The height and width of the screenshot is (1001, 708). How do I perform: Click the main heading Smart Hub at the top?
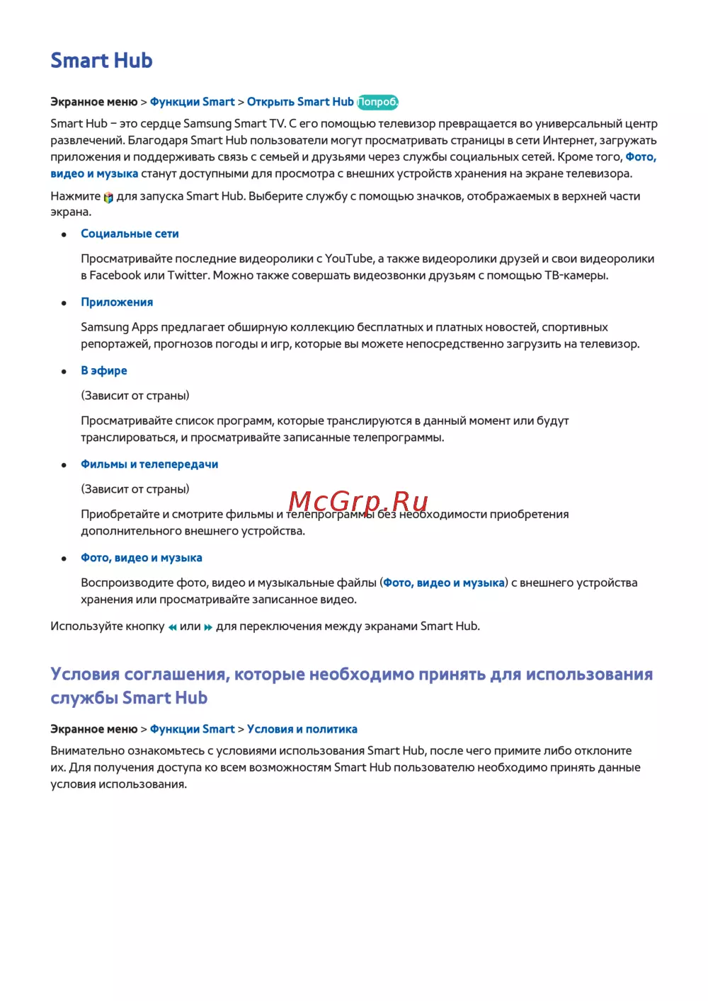coord(101,61)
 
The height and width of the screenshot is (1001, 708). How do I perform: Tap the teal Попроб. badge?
coord(377,102)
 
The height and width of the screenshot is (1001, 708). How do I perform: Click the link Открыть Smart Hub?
coord(299,102)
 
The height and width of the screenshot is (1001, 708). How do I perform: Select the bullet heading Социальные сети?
coord(130,234)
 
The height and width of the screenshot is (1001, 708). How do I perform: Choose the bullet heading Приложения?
coord(117,302)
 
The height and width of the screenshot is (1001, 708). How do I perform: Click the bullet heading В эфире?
coord(104,371)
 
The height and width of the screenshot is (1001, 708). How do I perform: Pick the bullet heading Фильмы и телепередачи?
coord(149,464)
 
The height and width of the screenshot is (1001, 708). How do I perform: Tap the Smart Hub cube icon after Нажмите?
coord(108,198)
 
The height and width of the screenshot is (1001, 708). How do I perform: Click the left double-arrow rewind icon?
coord(172,627)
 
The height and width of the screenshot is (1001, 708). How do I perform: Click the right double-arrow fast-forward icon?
coord(208,627)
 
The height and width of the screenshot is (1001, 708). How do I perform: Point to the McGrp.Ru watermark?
coord(358,501)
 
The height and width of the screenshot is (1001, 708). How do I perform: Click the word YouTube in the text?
coord(349,259)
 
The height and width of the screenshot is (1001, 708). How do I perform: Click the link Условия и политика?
coord(302,729)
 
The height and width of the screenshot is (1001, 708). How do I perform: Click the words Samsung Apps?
coord(119,328)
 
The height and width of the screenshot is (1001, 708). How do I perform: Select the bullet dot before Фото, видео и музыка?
coord(64,559)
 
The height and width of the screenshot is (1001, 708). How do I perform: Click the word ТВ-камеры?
coord(576,275)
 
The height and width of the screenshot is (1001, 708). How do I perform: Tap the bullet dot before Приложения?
coord(64,303)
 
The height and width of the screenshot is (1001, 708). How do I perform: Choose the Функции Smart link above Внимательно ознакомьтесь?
coord(192,729)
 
